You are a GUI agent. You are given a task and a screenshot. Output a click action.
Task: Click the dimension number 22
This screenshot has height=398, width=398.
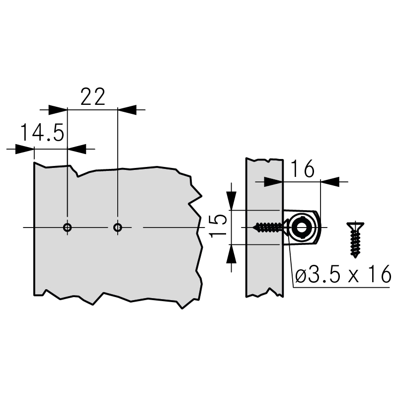pyautogui.click(x=92, y=96)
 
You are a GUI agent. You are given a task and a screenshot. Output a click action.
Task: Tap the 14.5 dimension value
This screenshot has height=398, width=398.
pyautogui.click(x=42, y=132)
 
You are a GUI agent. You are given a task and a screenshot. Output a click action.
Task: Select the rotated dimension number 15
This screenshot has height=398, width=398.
pyautogui.click(x=218, y=226)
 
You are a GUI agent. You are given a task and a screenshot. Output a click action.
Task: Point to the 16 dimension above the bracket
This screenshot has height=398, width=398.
pyautogui.click(x=302, y=169)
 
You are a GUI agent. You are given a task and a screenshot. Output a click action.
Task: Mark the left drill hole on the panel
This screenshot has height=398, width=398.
pyautogui.click(x=67, y=227)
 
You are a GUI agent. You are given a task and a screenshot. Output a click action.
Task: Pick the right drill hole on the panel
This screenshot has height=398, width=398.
pyautogui.click(x=118, y=227)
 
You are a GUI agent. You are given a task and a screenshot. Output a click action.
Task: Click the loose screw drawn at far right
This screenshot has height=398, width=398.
pyautogui.click(x=355, y=239)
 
